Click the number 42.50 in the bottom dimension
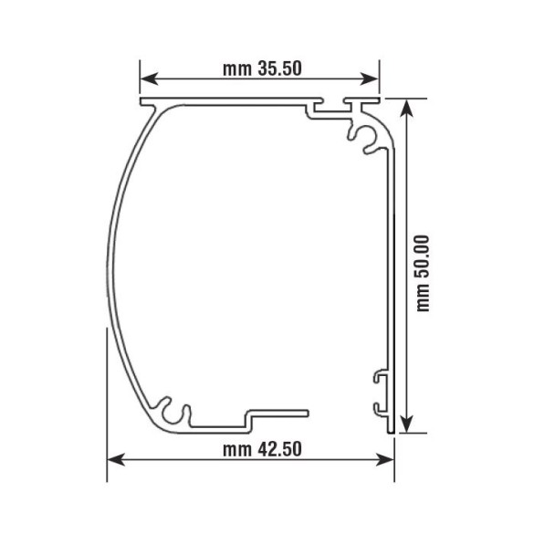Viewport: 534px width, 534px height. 279,449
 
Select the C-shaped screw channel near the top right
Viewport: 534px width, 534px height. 362,135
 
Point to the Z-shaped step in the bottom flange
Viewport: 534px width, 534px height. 247,419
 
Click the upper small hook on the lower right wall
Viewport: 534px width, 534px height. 378,375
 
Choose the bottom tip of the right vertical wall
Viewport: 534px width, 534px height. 393,428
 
